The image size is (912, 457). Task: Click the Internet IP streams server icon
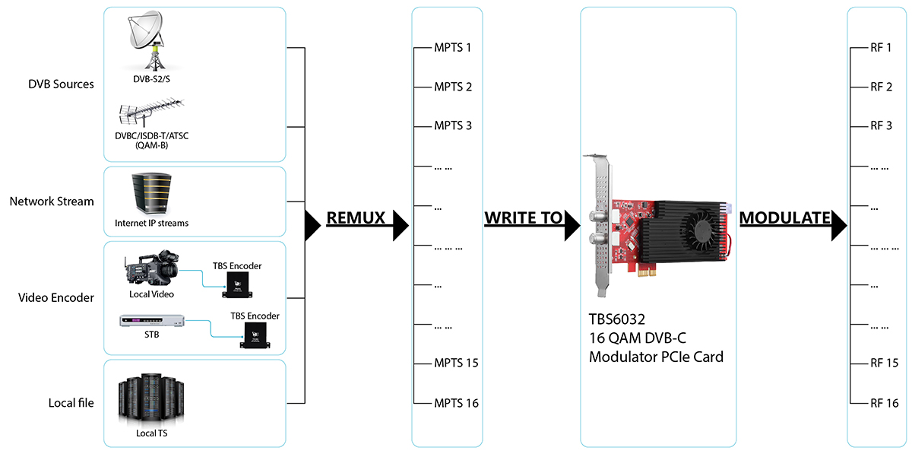150,192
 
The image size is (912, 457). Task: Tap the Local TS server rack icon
151,400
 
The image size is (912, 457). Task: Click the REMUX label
356,218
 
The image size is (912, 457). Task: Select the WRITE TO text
523,218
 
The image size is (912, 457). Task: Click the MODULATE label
784,218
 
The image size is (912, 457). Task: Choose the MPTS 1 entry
453,48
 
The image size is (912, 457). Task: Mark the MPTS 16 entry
456,403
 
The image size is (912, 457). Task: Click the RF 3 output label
882,125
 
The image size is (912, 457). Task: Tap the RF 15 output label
885,363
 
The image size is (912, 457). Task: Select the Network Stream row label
52,202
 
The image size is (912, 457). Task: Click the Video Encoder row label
56,297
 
